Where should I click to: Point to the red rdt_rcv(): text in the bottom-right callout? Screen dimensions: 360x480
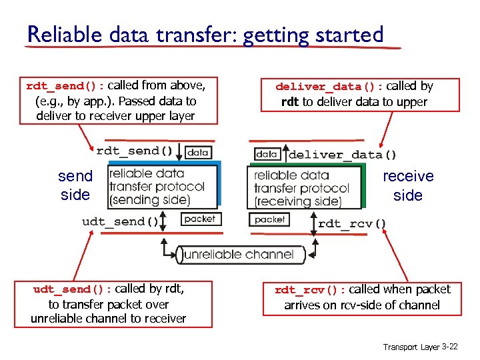pyautogui.click(x=310, y=290)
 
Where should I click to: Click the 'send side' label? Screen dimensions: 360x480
pyautogui.click(x=75, y=185)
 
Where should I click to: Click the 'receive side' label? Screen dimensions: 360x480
pyautogui.click(x=407, y=185)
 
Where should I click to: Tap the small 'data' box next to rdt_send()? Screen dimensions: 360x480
pyautogui.click(x=198, y=152)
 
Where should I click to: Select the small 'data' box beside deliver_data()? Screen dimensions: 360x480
pyautogui.click(x=267, y=154)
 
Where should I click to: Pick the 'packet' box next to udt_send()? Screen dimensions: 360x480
pyautogui.click(x=199, y=219)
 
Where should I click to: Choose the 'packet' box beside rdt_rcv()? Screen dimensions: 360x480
pyautogui.click(x=270, y=219)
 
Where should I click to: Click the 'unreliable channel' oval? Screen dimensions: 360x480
pyautogui.click(x=239, y=254)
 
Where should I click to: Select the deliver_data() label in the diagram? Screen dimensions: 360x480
pyautogui.click(x=343, y=155)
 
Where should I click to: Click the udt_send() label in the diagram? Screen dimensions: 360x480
pyautogui.click(x=121, y=221)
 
